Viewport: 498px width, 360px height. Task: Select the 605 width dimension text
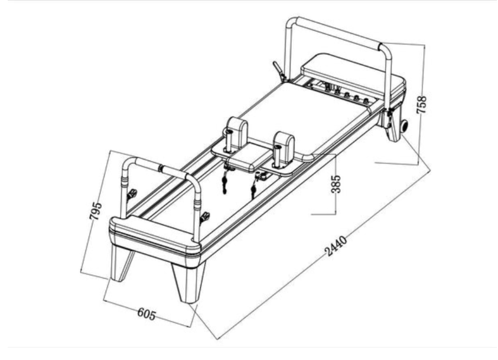(146, 313)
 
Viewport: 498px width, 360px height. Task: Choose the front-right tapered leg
(188, 281)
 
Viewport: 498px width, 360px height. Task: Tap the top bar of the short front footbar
(160, 167)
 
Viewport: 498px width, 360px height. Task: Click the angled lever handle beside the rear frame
(277, 69)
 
